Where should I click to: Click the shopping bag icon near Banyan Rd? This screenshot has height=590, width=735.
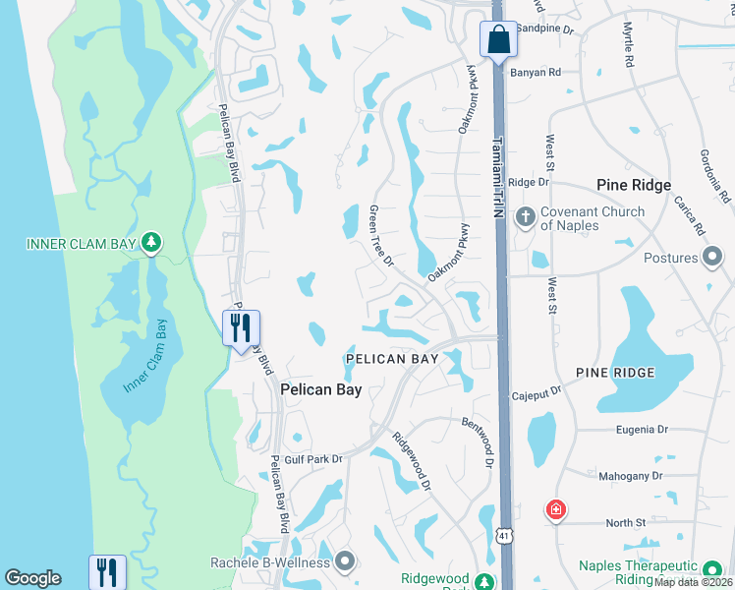coord(497,40)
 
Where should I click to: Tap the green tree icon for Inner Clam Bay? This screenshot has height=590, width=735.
coord(150,242)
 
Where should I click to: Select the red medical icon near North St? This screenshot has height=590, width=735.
coord(555,509)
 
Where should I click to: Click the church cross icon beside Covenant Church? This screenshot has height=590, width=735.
coord(526,216)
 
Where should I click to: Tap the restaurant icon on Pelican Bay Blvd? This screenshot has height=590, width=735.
coord(241,327)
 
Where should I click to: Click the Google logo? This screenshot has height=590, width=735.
coord(32,578)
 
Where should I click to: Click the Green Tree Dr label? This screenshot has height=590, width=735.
coord(379,236)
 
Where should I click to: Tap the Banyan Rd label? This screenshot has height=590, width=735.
coord(540,72)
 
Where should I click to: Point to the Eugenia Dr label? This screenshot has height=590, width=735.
coord(641,430)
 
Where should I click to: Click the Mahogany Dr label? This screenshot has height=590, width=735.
coord(632,476)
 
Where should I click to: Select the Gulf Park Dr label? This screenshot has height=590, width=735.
coord(310,459)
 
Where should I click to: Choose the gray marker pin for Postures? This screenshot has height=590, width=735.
coord(714,258)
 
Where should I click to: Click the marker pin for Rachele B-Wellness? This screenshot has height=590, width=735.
coord(344,561)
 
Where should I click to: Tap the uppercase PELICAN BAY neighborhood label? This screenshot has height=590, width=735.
coord(391,359)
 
